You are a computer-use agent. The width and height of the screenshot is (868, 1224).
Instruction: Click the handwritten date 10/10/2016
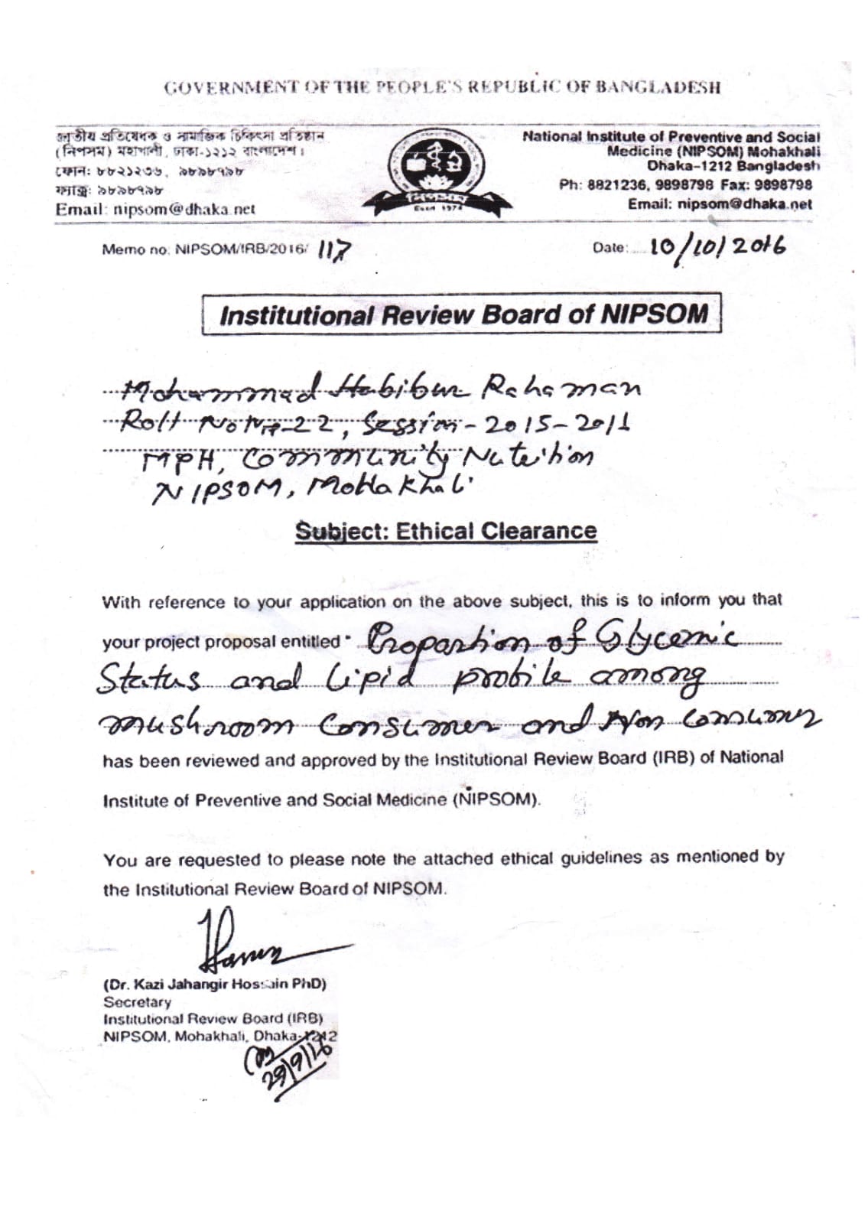click(716, 246)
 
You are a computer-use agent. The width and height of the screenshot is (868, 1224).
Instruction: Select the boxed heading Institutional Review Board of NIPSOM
click(463, 314)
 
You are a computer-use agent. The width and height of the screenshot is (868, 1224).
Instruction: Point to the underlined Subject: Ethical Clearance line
click(446, 532)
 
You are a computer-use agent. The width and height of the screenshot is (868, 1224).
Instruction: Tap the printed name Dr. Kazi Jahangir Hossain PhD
click(215, 984)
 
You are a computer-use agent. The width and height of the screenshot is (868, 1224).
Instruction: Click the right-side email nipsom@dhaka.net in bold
click(720, 204)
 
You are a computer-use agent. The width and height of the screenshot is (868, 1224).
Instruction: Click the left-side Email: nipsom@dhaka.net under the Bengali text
click(154, 210)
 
